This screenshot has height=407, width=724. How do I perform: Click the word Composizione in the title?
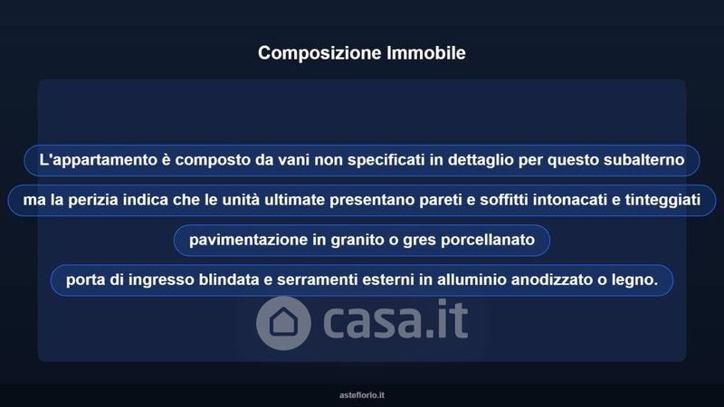tap(319, 53)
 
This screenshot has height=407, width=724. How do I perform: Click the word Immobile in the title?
tap(426, 52)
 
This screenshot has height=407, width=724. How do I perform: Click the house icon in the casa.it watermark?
tap(283, 323)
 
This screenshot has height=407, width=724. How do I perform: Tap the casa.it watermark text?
tap(395, 319)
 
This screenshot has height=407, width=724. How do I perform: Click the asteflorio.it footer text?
tap(361, 395)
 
